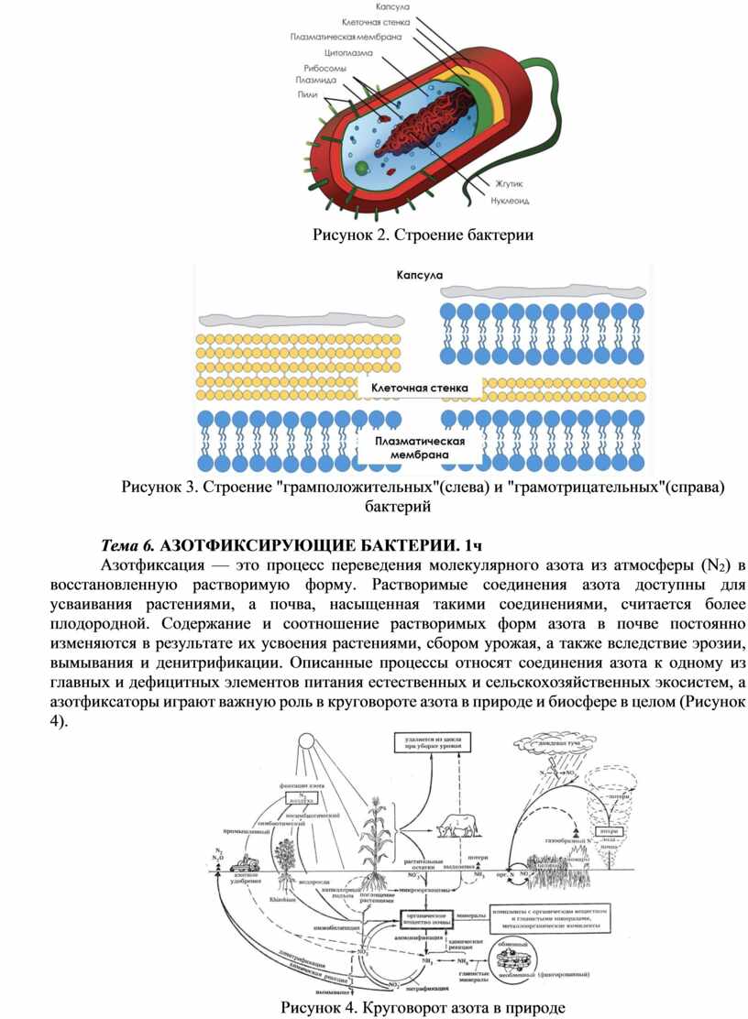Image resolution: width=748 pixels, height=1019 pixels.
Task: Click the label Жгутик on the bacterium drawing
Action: point(509,184)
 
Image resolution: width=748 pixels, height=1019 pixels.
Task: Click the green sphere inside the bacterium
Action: point(362,167)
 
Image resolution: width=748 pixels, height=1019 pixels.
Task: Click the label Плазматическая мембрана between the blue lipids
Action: point(419,447)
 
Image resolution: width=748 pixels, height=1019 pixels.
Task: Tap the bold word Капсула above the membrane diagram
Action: point(419,274)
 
